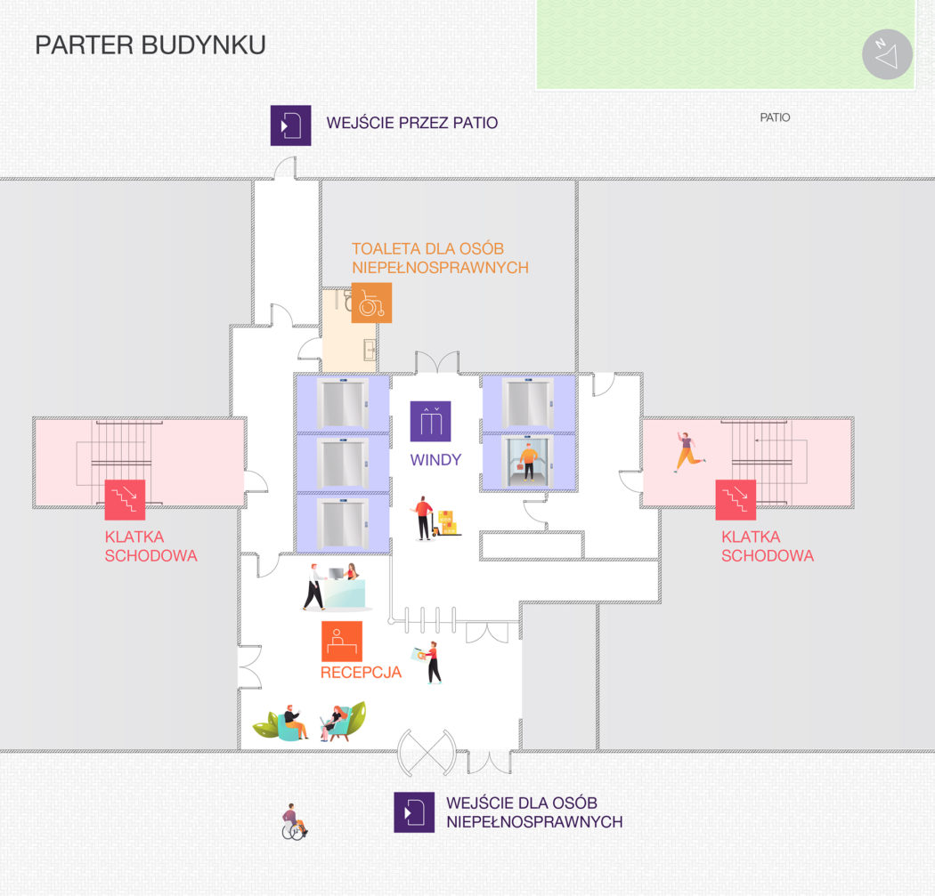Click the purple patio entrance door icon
pyautogui.click(x=290, y=125)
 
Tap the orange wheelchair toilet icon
pyautogui.click(x=371, y=303)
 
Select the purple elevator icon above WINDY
pyautogui.click(x=430, y=422)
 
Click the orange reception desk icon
pyautogui.click(x=342, y=642)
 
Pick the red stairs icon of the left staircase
pyautogui.click(x=126, y=500)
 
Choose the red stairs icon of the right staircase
pyautogui.click(x=736, y=500)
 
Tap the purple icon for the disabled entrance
pyautogui.click(x=414, y=812)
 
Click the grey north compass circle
pyautogui.click(x=887, y=54)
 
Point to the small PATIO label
pyautogui.click(x=775, y=117)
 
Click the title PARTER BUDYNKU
pyautogui.click(x=150, y=45)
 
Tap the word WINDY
pyautogui.click(x=435, y=460)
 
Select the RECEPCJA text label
pyautogui.click(x=361, y=673)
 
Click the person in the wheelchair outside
pyautogui.click(x=294, y=822)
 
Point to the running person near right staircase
pyautogui.click(x=689, y=452)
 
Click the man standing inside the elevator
pyautogui.click(x=528, y=462)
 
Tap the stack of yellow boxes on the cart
pyautogui.click(x=447, y=522)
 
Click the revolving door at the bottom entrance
pyautogui.click(x=427, y=753)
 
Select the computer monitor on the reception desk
pyautogui.click(x=337, y=574)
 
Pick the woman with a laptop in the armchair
pyautogui.click(x=334, y=722)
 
